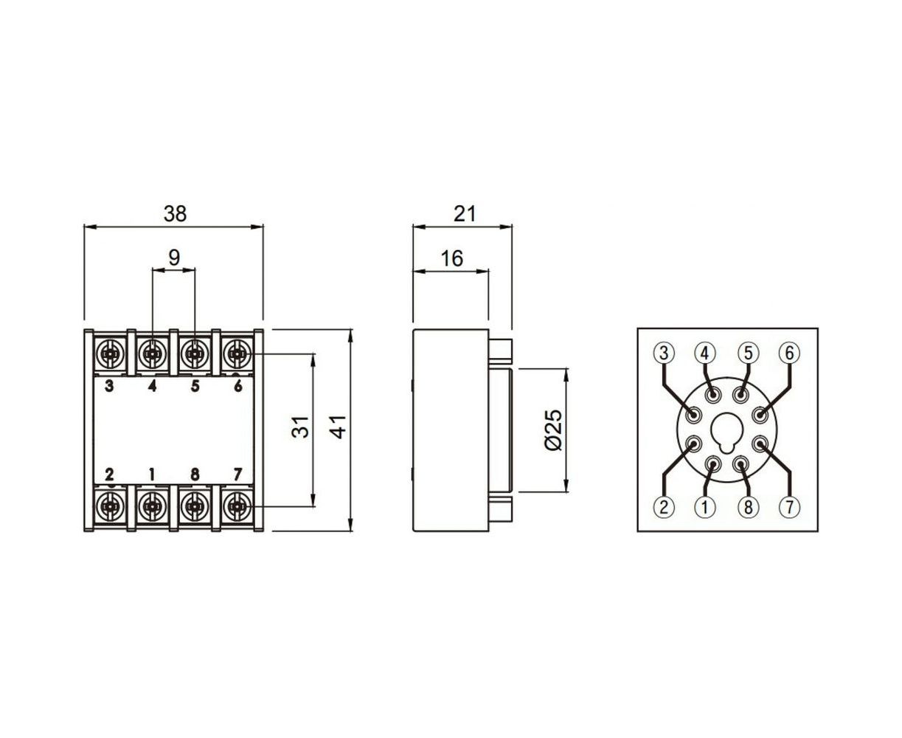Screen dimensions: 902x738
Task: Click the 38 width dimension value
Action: [176, 213]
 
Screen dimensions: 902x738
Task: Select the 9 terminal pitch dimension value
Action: [174, 258]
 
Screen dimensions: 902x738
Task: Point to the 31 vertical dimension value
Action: [300, 427]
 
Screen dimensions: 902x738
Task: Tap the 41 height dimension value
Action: [339, 427]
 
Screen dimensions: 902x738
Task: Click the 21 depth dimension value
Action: [465, 213]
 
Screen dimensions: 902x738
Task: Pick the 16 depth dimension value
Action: [451, 258]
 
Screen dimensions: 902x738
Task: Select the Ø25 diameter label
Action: [553, 430]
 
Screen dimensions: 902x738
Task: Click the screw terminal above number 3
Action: [111, 354]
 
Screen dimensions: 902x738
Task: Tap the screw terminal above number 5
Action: [195, 354]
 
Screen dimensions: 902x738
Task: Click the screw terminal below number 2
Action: [111, 506]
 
